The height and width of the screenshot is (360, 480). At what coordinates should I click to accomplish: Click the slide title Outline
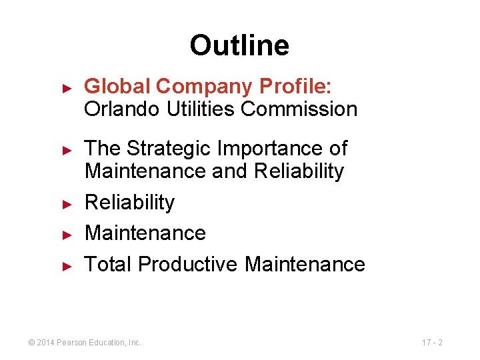239,45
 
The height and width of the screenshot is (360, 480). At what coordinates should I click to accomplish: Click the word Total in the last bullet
109,264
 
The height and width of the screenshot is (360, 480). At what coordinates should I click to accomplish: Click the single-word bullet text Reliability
129,202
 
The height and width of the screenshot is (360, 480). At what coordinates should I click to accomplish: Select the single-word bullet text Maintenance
145,233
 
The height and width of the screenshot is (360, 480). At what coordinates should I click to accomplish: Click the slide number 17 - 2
432,343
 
